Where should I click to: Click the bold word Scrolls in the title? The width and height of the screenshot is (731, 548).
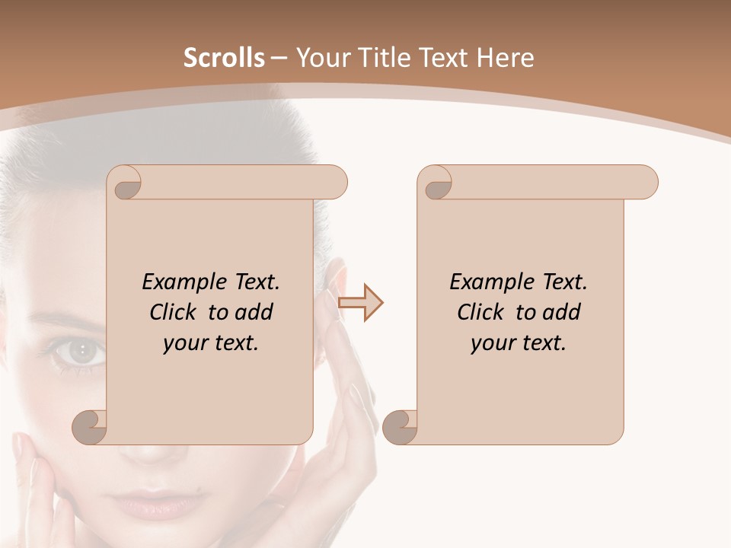click(x=224, y=58)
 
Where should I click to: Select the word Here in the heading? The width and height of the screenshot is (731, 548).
click(x=505, y=58)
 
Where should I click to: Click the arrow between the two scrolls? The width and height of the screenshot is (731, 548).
click(x=360, y=303)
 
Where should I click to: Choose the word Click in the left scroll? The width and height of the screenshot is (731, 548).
click(x=175, y=312)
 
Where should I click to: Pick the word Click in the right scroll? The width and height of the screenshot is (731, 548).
click(x=483, y=312)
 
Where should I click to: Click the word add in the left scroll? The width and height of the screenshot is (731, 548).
click(x=254, y=312)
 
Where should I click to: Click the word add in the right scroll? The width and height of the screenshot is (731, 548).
click(x=561, y=312)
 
